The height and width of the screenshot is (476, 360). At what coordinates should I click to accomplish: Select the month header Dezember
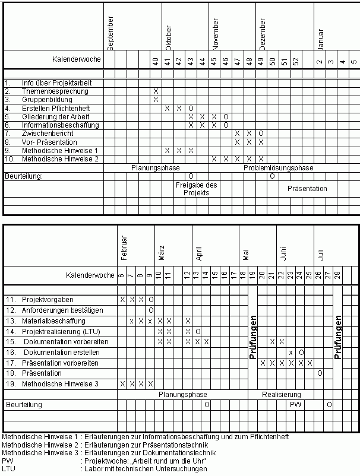click(263, 34)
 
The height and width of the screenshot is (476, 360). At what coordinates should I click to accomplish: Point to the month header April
click(199, 253)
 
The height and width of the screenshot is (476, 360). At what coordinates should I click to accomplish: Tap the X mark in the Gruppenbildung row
click(156, 100)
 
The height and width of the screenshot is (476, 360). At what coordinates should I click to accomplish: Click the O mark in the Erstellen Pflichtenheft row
click(191, 108)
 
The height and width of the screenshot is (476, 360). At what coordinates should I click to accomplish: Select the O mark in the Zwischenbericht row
click(261, 134)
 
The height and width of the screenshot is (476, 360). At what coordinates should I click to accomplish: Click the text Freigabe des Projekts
click(196, 189)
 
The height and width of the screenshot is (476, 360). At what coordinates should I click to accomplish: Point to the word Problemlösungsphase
click(278, 168)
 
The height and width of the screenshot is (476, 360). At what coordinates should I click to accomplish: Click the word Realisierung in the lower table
click(282, 395)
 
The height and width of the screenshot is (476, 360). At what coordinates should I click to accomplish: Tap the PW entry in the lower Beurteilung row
click(295, 404)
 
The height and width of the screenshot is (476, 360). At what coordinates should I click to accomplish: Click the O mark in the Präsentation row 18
click(320, 373)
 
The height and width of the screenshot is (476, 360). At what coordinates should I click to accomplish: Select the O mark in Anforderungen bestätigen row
click(151, 310)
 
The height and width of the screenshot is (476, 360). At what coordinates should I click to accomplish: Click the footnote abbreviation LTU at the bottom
click(8, 469)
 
